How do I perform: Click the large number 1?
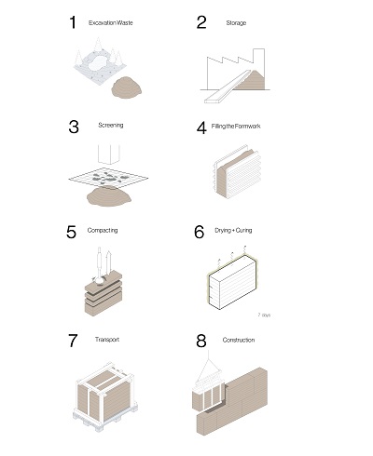pos(72,23)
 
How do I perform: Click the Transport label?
pos(106,341)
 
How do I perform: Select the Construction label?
pos(240,341)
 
